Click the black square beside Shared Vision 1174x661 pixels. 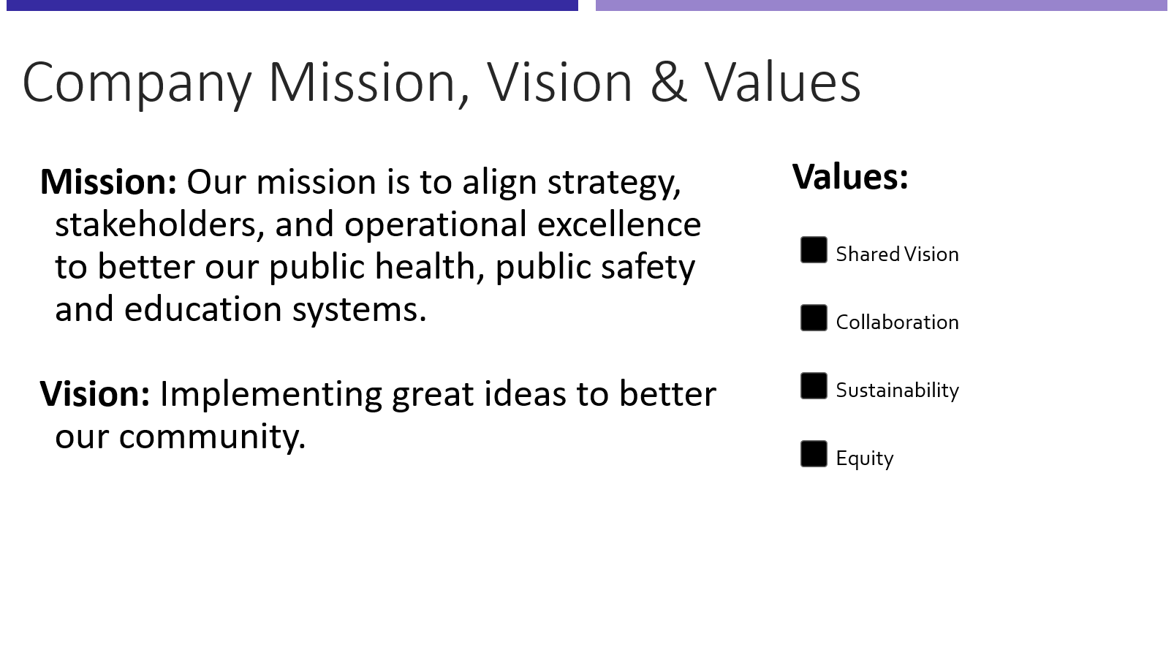(814, 250)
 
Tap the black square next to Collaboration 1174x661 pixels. (814, 318)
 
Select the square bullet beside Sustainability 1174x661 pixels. (814, 386)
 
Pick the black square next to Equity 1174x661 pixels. (814, 454)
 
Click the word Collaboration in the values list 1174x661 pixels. (897, 322)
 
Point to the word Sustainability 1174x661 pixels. (897, 390)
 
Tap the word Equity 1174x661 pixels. (864, 458)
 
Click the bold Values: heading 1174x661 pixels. (850, 177)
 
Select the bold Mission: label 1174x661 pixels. (108, 182)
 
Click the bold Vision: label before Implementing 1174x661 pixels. (95, 394)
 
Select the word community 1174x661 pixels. (212, 437)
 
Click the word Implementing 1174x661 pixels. (270, 395)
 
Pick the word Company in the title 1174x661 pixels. (137, 83)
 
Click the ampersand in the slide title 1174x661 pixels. (668, 82)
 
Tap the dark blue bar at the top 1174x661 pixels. (292, 5)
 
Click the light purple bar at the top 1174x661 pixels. (881, 5)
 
